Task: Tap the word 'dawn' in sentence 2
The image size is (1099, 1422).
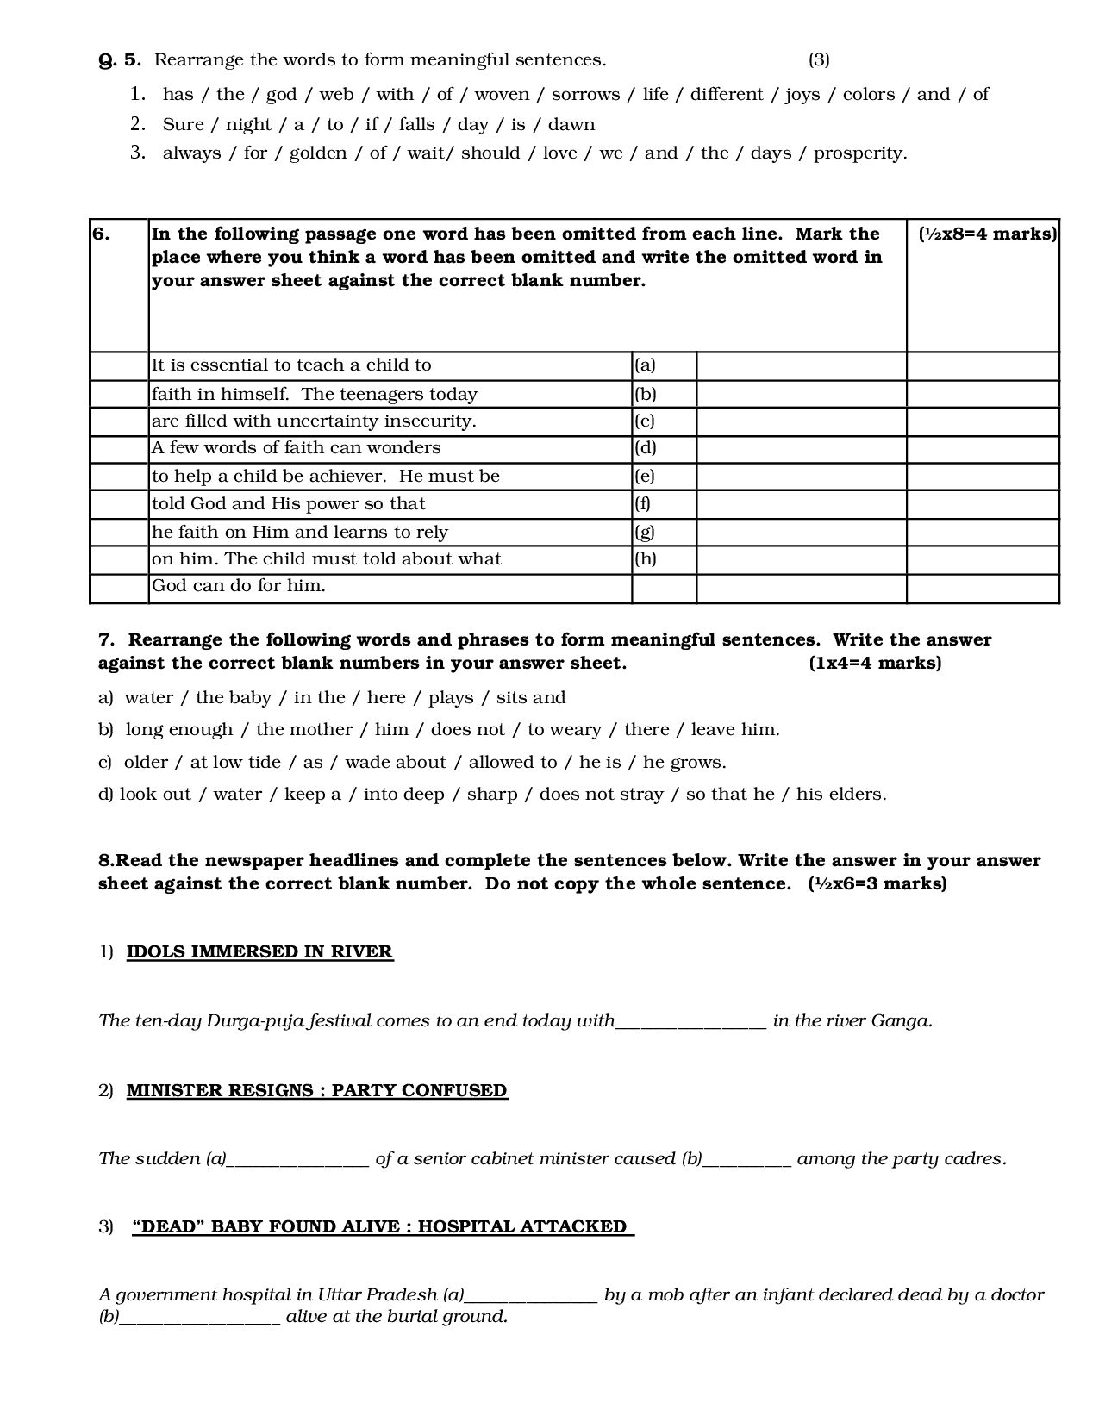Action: point(571,125)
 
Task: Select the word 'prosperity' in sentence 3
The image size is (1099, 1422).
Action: point(859,153)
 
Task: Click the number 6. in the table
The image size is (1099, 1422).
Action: point(101,234)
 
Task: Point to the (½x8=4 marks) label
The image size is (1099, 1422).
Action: point(987,234)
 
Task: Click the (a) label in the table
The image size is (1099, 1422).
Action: point(645,365)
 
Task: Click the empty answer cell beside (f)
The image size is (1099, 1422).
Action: point(801,504)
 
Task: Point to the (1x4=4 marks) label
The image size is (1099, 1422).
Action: point(875,664)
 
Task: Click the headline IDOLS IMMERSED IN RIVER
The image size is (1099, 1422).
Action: point(259,952)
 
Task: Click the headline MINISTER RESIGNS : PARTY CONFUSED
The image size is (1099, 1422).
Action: point(316,1090)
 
